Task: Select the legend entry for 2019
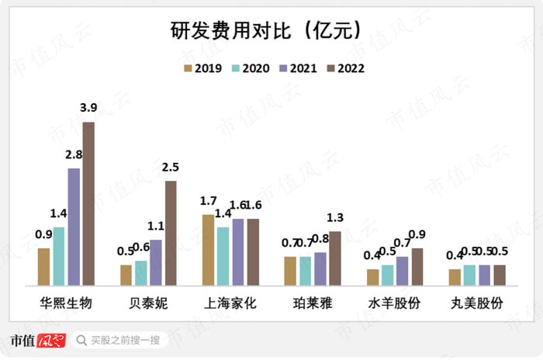point(199,68)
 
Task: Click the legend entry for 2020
point(247,68)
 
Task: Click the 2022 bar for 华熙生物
point(88,203)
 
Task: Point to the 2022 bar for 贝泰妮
point(171,233)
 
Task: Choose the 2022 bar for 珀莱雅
point(335,258)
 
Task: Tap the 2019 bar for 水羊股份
point(373,277)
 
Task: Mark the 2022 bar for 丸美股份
point(500,275)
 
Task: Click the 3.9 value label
point(88,107)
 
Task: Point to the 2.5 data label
point(171,167)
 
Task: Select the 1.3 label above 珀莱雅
point(335,217)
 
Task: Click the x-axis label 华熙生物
point(66,303)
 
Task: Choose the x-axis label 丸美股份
point(477,303)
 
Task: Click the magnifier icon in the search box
point(81,340)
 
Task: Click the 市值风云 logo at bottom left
point(36,340)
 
